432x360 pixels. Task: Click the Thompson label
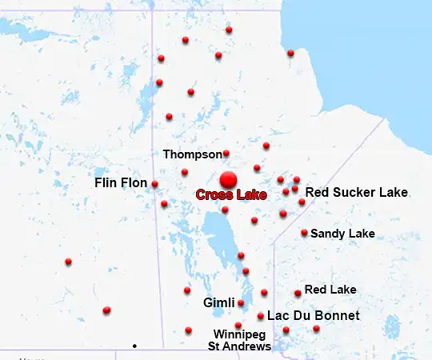(x=192, y=154)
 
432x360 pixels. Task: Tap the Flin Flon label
(x=121, y=183)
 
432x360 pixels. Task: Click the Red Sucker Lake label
(x=357, y=192)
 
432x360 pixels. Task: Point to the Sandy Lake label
(x=342, y=234)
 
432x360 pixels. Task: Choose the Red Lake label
(x=330, y=290)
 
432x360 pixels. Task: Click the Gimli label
(x=218, y=303)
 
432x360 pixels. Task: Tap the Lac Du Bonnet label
(x=314, y=316)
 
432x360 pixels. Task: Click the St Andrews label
(x=240, y=346)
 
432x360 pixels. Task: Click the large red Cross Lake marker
(x=229, y=179)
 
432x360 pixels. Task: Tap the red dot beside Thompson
(x=226, y=153)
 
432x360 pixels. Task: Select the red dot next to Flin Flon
(x=154, y=184)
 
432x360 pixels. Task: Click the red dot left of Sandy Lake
(x=304, y=233)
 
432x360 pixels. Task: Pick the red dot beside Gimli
(x=241, y=303)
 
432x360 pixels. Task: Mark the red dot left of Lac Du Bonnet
(x=261, y=316)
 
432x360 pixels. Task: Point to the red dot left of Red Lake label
(x=298, y=293)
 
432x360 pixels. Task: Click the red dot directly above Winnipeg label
(x=238, y=325)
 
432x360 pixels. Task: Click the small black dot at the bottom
(x=134, y=346)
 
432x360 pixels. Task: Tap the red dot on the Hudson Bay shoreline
(x=290, y=53)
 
